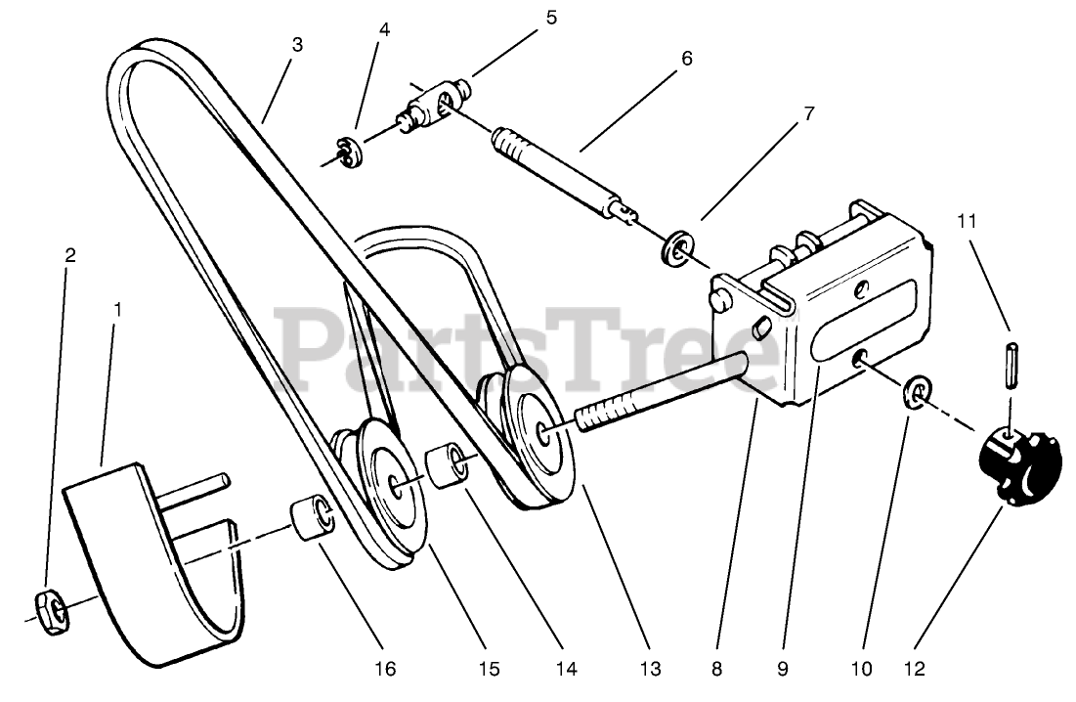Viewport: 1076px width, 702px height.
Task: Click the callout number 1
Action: [118, 310]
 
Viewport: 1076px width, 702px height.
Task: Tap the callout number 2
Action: [69, 255]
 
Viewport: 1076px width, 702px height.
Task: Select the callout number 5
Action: [551, 17]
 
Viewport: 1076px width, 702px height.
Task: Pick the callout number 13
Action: [651, 670]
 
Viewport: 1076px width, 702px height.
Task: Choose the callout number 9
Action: [782, 670]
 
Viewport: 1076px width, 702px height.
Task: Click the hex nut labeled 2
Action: [49, 610]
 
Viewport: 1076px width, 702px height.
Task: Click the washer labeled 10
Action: [917, 392]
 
